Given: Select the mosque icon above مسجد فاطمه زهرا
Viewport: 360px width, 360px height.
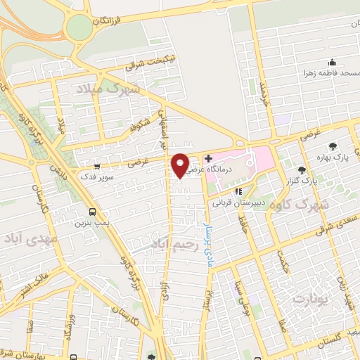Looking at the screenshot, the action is [x=331, y=62].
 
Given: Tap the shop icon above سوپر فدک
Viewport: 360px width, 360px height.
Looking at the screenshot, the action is [x=97, y=167].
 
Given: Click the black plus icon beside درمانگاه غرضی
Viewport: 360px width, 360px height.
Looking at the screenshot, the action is [x=208, y=158].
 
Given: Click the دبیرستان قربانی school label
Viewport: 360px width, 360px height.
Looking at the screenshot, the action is [x=239, y=202].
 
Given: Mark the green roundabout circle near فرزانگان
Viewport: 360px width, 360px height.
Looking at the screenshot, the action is [x=79, y=29].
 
